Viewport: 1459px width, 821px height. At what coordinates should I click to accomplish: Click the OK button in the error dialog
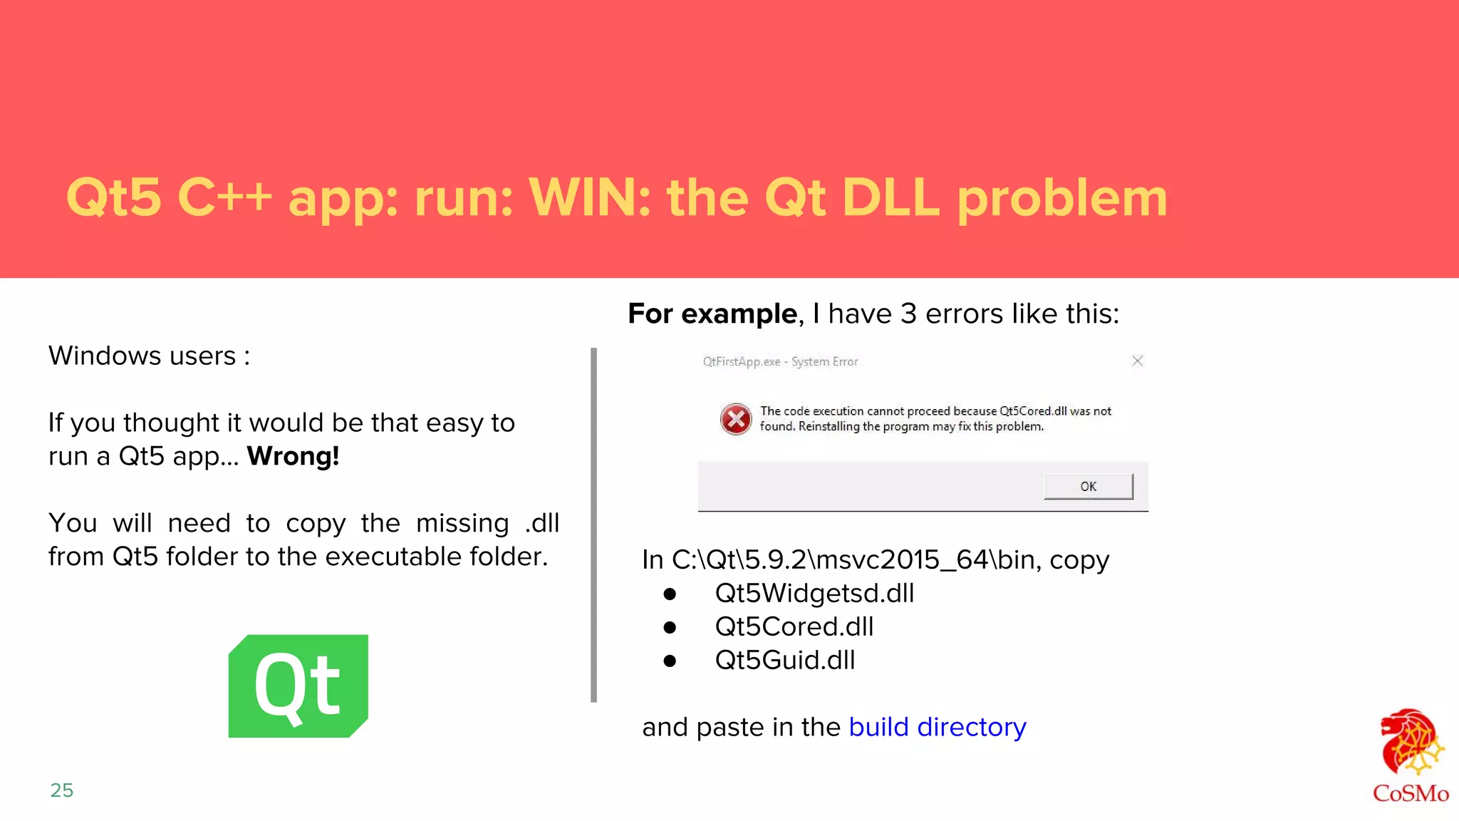click(x=1088, y=487)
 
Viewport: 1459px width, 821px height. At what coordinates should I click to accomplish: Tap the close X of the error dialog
click(x=1137, y=361)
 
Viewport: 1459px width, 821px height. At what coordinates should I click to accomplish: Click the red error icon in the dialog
click(x=735, y=419)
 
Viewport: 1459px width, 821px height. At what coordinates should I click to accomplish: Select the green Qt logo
click(x=298, y=686)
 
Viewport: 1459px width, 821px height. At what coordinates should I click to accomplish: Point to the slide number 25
click(x=62, y=790)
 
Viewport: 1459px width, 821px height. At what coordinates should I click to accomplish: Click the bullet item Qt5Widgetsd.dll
click(x=814, y=593)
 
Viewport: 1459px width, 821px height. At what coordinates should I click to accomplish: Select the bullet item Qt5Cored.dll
click(x=794, y=626)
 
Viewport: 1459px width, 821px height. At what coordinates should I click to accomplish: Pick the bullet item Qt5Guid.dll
click(x=784, y=660)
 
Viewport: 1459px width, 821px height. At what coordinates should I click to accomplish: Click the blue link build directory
click(x=937, y=727)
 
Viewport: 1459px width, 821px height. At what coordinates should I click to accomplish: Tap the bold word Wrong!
click(x=293, y=456)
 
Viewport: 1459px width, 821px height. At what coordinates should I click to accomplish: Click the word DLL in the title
click(x=891, y=197)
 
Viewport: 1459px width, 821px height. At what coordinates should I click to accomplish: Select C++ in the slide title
click(x=224, y=197)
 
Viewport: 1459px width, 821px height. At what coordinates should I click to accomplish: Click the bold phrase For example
click(x=712, y=314)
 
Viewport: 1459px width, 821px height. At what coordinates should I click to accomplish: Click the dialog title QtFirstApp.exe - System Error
click(x=780, y=362)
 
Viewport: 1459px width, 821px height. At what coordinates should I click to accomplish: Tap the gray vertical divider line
click(x=593, y=525)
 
